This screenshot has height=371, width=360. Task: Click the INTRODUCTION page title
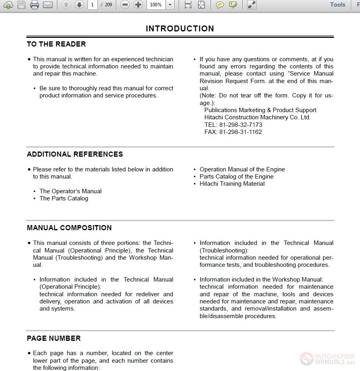pos(180,29)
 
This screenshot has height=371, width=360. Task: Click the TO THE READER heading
pos(56,44)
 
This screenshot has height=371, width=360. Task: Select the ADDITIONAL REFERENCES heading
pos(75,154)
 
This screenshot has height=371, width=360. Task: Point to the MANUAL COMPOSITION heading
pos(69,228)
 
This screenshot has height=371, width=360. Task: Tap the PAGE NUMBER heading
pos(54,338)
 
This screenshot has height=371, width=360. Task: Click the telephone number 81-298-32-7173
pos(233,125)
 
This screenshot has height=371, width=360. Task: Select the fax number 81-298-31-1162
pos(233,132)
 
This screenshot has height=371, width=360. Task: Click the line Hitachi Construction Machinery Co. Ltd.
pos(257,117)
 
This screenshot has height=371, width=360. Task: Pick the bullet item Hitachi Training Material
pos(232,184)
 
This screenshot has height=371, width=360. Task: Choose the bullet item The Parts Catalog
pos(64,198)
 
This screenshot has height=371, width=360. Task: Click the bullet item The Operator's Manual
pos(70,191)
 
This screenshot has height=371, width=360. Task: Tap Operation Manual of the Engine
pos(242,169)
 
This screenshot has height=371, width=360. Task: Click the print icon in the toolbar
pos(35,5)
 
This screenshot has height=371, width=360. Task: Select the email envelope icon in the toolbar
pos(48,5)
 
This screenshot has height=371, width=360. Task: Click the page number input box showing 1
pos(92,5)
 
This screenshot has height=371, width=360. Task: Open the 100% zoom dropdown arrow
pos(170,5)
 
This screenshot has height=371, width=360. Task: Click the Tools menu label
pos(337,5)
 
